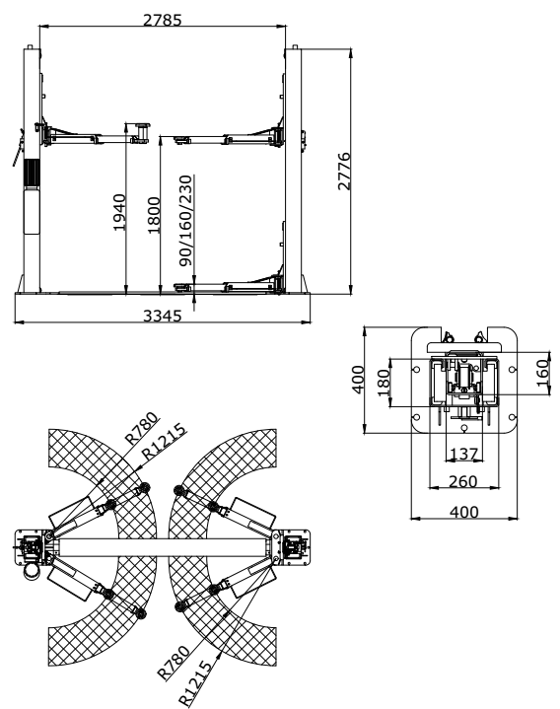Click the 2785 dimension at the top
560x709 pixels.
point(163,20)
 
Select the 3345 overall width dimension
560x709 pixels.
point(163,316)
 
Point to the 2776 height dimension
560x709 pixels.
point(344,171)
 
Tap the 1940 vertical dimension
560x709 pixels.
point(119,212)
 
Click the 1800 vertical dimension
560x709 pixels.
point(154,215)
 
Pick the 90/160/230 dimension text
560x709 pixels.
point(185,221)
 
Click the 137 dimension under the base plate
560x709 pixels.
point(464,454)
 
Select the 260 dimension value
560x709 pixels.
point(463,481)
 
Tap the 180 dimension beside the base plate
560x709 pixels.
point(384,383)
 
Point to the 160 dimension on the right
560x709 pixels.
point(542,373)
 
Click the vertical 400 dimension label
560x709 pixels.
point(358,380)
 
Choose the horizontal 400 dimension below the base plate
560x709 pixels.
point(463,512)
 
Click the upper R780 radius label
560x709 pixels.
point(142,428)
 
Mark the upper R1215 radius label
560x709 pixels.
point(164,442)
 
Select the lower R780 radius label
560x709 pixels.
point(174,663)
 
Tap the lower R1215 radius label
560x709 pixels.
point(195,683)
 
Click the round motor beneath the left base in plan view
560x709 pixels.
point(33,571)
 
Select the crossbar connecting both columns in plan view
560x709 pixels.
point(164,548)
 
